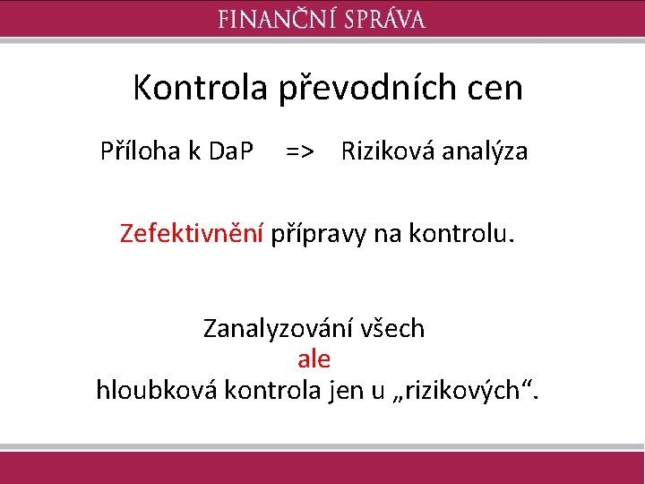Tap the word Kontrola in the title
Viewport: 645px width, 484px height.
pyautogui.click(x=200, y=88)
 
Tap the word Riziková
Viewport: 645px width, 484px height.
pyautogui.click(x=387, y=151)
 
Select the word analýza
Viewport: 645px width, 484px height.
pyautogui.click(x=485, y=151)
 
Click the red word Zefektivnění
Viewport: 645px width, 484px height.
pyautogui.click(x=192, y=234)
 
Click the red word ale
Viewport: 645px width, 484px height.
pyautogui.click(x=314, y=359)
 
